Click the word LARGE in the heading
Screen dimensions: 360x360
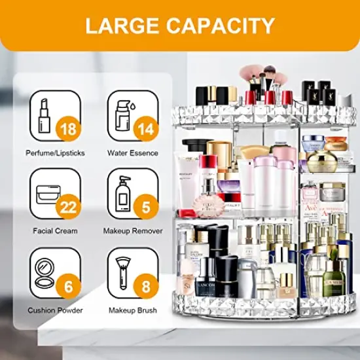pos(118,26)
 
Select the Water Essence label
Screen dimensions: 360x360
pos(132,153)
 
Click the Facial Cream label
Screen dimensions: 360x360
pos(55,231)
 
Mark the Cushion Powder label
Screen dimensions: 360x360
pos(54,310)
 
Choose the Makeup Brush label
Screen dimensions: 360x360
pos(132,310)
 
